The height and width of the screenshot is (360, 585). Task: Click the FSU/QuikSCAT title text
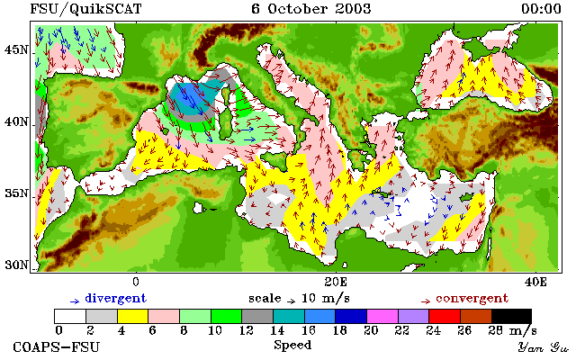point(85,9)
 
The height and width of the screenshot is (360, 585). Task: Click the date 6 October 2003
point(311,9)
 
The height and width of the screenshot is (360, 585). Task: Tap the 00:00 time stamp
point(541,9)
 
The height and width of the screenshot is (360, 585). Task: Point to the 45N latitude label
point(16,49)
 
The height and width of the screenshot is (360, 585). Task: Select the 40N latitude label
point(16,121)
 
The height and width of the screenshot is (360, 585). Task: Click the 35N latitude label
point(16,193)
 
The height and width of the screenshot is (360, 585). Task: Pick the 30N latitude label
point(16,265)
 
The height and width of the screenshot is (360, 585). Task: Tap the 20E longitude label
point(336,282)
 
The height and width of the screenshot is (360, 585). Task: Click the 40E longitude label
point(535,282)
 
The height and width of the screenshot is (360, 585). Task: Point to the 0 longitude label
point(136,282)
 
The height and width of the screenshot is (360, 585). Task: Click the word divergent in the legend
point(116,299)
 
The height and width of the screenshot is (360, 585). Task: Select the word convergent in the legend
point(472,299)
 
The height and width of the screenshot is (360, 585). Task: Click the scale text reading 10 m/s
point(325,299)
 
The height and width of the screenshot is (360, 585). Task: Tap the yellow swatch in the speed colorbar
point(133,316)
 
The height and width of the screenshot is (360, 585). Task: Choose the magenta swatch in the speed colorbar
point(382,316)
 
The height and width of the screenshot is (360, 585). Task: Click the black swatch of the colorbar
point(511,316)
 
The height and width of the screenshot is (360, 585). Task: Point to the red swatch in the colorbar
point(445,316)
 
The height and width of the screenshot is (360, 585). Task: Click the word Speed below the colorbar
point(292,345)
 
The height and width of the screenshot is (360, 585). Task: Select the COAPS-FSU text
point(57,347)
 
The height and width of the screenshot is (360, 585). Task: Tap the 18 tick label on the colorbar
point(339,330)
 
